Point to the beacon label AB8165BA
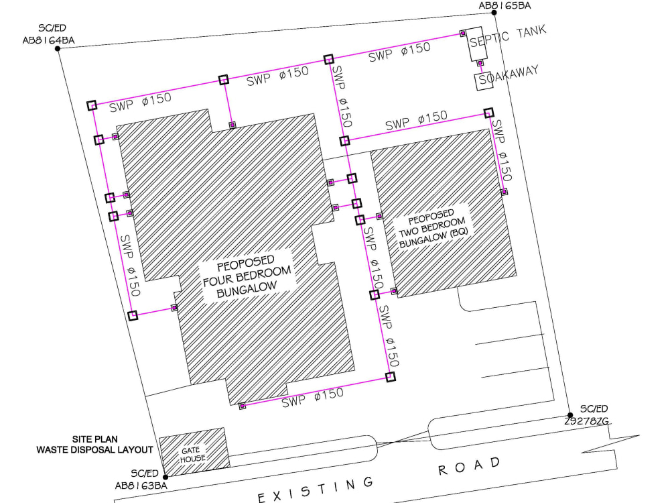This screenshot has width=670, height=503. click(505, 6)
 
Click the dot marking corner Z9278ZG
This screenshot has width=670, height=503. click(569, 415)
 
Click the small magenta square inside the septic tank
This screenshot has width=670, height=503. click(463, 33)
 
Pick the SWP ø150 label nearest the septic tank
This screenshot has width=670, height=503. click(399, 53)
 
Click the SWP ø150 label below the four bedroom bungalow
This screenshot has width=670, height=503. click(312, 398)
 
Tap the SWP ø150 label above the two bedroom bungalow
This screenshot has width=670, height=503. click(416, 121)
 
